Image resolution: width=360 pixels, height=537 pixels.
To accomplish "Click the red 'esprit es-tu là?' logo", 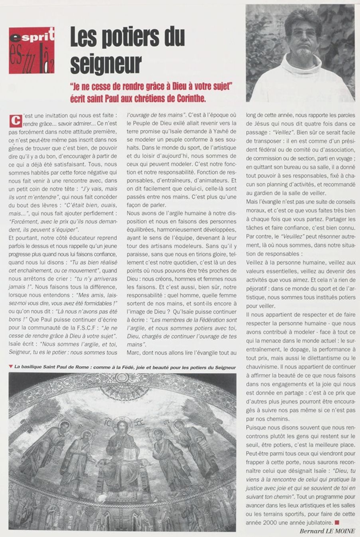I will [32, 50].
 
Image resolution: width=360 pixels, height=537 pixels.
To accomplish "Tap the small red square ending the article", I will [337, 522].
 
